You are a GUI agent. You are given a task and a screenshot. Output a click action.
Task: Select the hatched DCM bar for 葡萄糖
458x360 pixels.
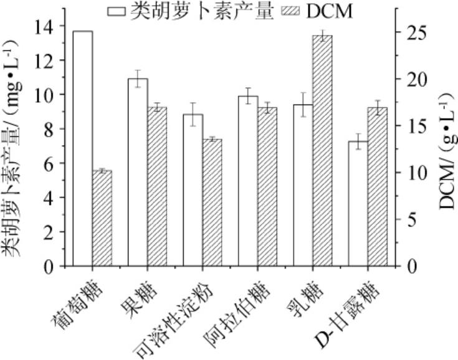click(x=102, y=218)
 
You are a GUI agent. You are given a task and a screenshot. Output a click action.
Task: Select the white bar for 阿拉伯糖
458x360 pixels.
click(x=247, y=181)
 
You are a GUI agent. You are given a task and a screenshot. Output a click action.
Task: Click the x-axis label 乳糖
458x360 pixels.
click(x=303, y=299)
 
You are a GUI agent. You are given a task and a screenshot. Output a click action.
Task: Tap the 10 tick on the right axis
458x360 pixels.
click(x=412, y=173)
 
